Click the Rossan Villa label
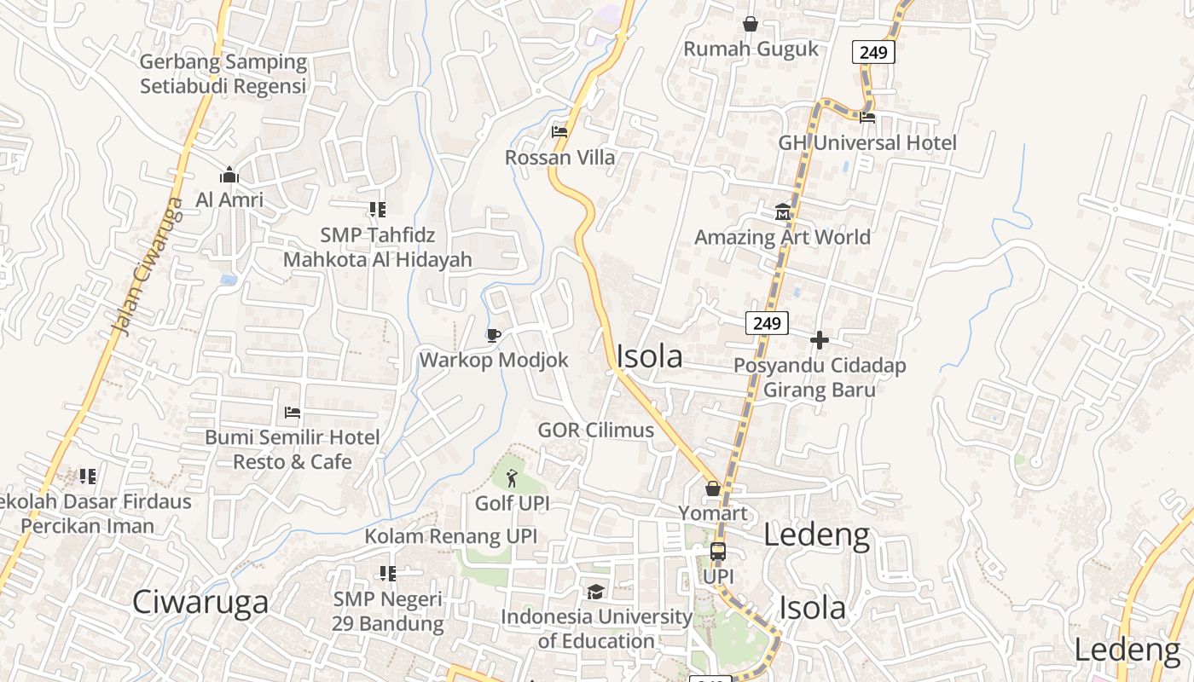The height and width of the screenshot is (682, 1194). click(559, 157)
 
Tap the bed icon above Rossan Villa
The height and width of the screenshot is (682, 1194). click(559, 131)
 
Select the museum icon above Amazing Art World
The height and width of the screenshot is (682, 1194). click(782, 211)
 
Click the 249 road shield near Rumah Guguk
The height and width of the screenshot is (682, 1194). click(873, 52)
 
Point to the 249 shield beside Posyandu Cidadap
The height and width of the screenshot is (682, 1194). click(767, 323)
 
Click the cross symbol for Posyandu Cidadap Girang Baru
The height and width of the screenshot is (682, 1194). click(819, 340)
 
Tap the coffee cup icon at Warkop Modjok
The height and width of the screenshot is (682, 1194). click(493, 334)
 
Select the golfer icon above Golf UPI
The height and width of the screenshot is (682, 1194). click(511, 477)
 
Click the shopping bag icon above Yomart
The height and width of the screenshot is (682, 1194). click(713, 488)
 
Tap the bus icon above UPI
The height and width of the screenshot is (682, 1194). click(718, 552)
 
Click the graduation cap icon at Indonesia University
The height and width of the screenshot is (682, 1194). click(595, 591)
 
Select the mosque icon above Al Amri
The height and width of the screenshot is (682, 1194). click(229, 175)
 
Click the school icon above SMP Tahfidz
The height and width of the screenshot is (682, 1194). click(377, 210)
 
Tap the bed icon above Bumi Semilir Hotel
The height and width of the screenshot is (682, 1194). click(292, 413)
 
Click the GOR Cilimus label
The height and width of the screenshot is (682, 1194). click(595, 430)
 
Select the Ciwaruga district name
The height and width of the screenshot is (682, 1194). click(200, 602)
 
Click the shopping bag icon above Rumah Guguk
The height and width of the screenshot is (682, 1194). click(751, 24)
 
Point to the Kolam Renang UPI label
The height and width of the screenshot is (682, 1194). click(450, 536)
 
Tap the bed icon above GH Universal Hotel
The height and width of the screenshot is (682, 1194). click(867, 117)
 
